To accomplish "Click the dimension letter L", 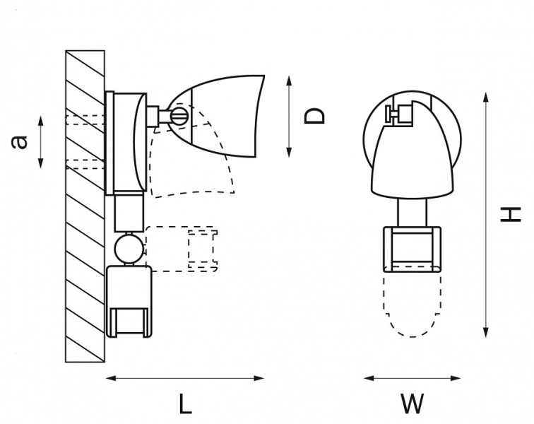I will tap(184, 404).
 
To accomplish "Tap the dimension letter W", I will tap(412, 404).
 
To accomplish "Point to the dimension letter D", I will tap(316, 115).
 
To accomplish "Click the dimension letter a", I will tap(21, 142).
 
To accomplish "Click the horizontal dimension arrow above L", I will tap(184, 378).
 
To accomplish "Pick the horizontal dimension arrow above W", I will tap(412, 378).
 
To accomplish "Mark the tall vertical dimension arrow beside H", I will tap(485, 213).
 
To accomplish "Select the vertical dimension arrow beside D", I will tap(290, 115).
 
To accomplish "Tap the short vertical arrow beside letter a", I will tap(41, 142).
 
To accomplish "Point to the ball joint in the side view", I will tap(129, 248).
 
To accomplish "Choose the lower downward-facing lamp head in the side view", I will tap(129, 300).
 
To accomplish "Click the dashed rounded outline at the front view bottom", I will tap(412, 304).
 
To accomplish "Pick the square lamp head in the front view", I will tap(412, 248).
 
